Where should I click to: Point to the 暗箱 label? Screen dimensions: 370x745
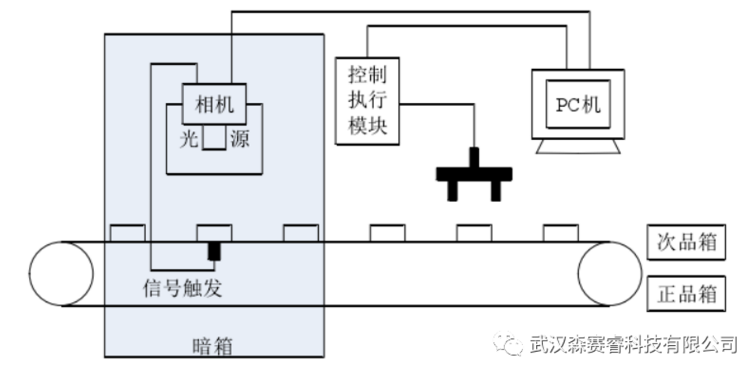[213, 347]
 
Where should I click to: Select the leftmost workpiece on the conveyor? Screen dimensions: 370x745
[128, 232]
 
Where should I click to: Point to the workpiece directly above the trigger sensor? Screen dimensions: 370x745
[214, 232]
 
